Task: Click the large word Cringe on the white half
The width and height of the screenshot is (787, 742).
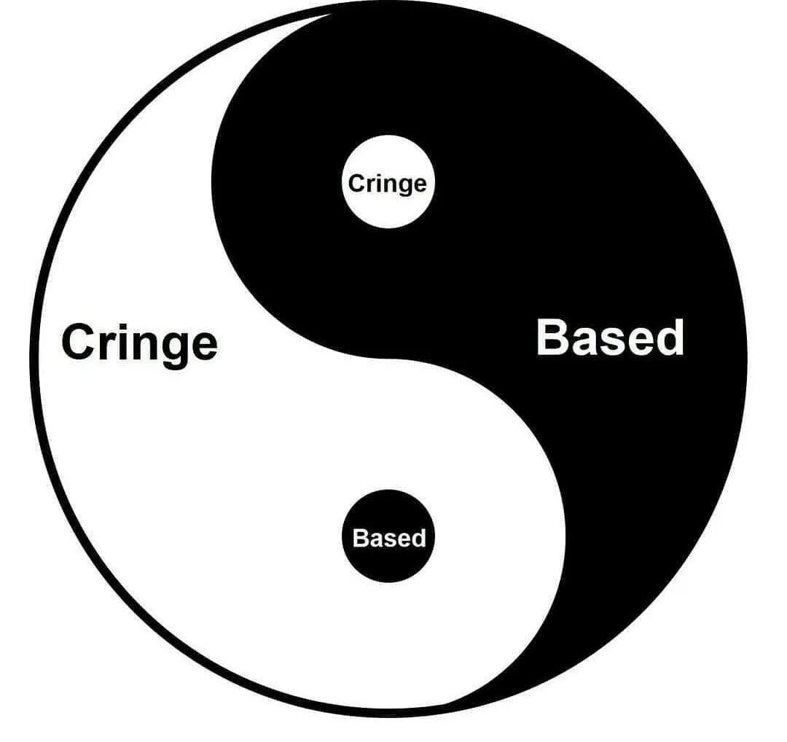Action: [x=139, y=343]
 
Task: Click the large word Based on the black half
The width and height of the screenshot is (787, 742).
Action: [x=610, y=338]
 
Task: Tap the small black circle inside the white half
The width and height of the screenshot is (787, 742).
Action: [x=388, y=536]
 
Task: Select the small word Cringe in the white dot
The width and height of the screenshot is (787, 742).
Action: [x=387, y=184]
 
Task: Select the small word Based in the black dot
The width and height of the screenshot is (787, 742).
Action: [x=388, y=538]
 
